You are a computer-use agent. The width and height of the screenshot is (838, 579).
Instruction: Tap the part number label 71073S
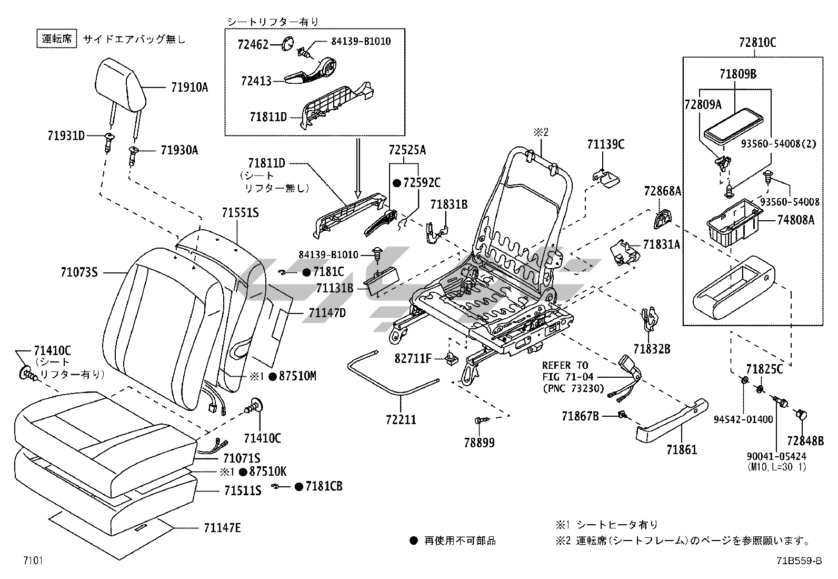click(79, 272)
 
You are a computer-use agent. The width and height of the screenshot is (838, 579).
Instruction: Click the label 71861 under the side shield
click(681, 449)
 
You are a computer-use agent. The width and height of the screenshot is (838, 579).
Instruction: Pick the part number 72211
click(401, 420)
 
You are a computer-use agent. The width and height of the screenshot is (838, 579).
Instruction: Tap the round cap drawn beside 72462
click(287, 44)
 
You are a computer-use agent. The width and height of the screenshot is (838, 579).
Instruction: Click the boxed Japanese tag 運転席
click(56, 39)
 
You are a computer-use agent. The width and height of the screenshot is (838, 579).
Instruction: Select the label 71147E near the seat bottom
click(222, 527)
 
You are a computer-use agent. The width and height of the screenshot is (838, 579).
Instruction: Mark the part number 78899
click(479, 443)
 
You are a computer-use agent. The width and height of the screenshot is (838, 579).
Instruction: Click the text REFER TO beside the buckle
click(565, 365)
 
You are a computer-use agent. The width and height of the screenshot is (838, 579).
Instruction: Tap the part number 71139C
click(606, 144)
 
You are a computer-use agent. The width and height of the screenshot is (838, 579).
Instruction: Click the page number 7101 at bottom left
click(32, 561)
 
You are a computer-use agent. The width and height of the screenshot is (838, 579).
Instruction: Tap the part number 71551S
click(240, 213)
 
